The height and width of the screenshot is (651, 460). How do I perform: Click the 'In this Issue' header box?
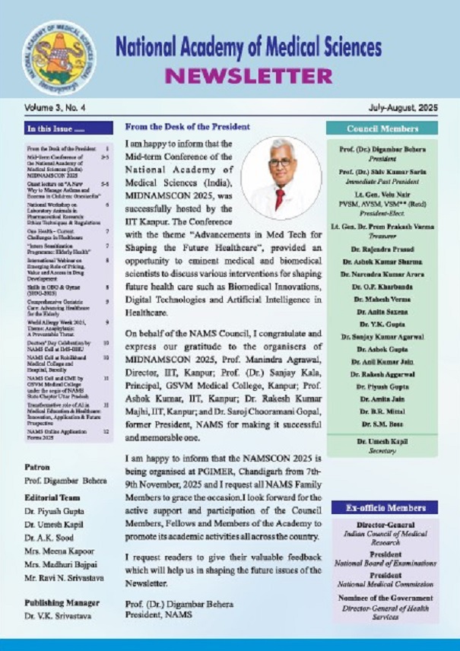[x=68, y=129]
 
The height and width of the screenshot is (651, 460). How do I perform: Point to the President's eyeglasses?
[x=281, y=163]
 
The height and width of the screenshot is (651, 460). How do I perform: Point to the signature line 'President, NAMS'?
[x=160, y=614]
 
